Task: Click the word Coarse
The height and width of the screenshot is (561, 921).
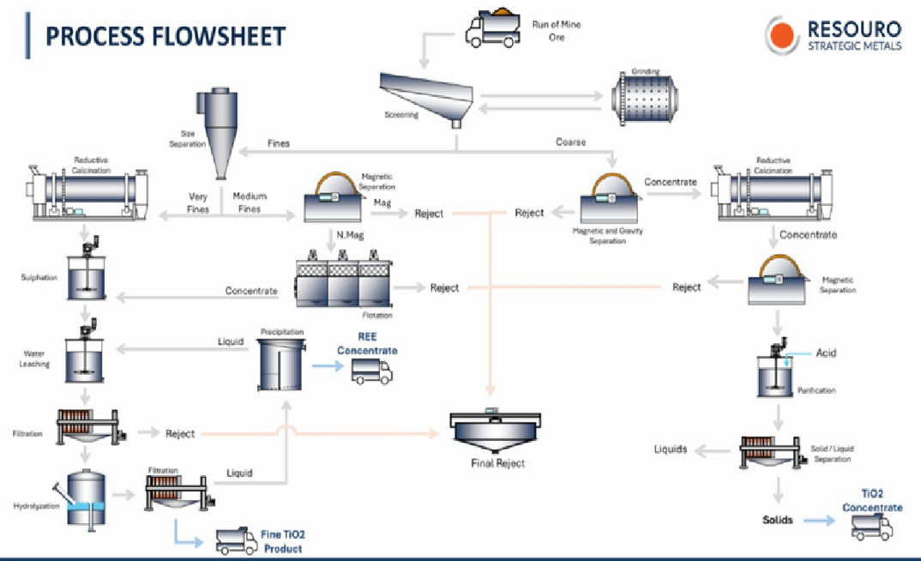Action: pyautogui.click(x=570, y=142)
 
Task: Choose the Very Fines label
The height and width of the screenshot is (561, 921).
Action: pyautogui.click(x=198, y=202)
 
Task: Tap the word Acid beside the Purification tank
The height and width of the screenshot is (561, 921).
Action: pyautogui.click(x=826, y=353)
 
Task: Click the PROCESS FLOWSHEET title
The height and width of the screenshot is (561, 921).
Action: pyautogui.click(x=165, y=36)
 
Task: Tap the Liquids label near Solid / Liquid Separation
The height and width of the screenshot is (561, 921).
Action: pyautogui.click(x=671, y=449)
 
